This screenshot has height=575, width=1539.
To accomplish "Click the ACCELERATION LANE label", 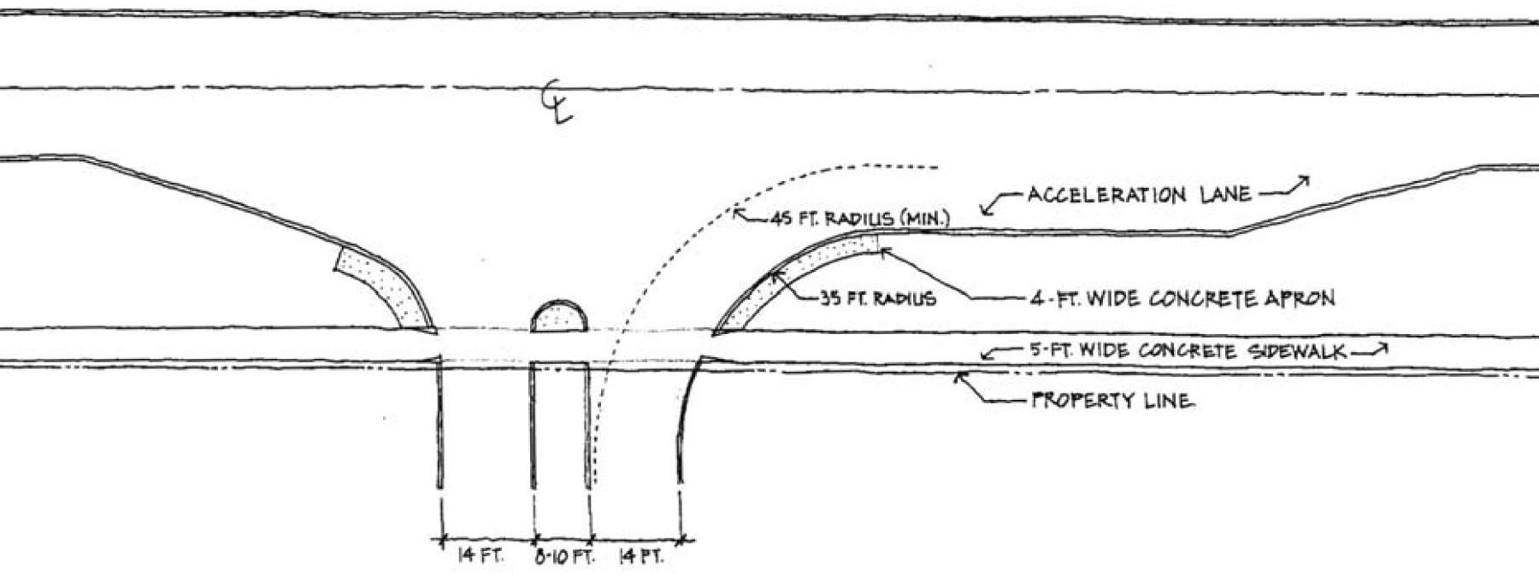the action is click(x=1139, y=195).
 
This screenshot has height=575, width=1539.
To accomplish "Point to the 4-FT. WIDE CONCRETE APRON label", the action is click(x=1183, y=299).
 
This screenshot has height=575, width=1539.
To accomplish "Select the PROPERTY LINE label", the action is click(x=1111, y=401).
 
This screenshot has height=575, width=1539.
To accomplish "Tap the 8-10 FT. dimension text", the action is click(x=564, y=557).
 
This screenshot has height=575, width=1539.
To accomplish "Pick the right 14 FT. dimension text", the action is click(x=640, y=557).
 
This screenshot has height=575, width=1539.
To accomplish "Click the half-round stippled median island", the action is click(x=559, y=317).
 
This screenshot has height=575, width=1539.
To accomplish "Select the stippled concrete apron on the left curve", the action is click(x=389, y=286).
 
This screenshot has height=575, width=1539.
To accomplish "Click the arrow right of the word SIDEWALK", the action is click(x=1368, y=350).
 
